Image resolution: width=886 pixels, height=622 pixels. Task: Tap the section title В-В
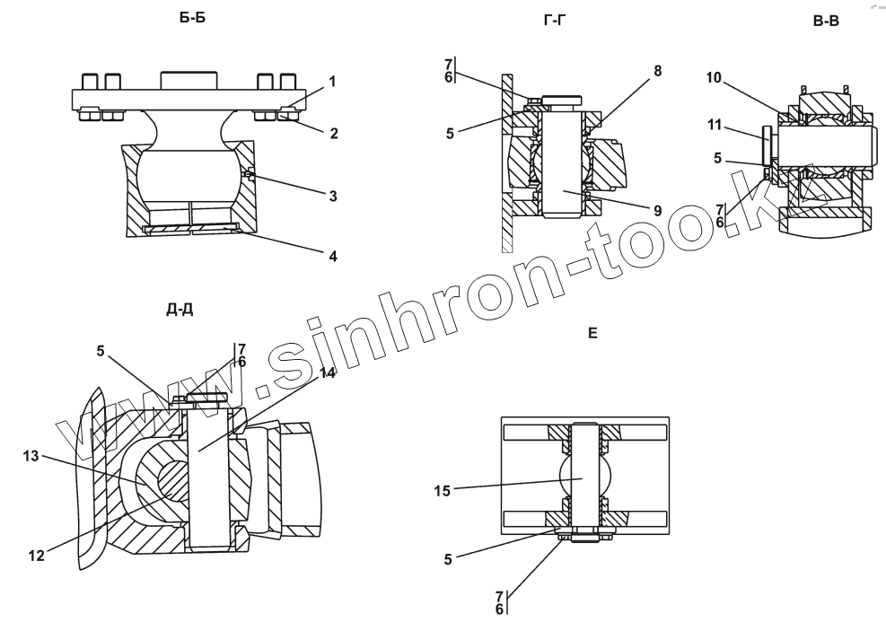825,22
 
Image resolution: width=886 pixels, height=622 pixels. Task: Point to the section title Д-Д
180,311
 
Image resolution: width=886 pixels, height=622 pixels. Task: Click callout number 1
332,82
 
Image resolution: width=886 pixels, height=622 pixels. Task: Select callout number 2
333,134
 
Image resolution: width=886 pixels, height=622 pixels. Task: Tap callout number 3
332,195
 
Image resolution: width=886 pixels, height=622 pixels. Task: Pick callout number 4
332,256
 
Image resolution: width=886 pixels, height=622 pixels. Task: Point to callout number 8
657,71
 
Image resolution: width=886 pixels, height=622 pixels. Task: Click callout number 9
658,211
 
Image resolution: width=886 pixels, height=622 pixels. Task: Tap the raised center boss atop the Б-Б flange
188,80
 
